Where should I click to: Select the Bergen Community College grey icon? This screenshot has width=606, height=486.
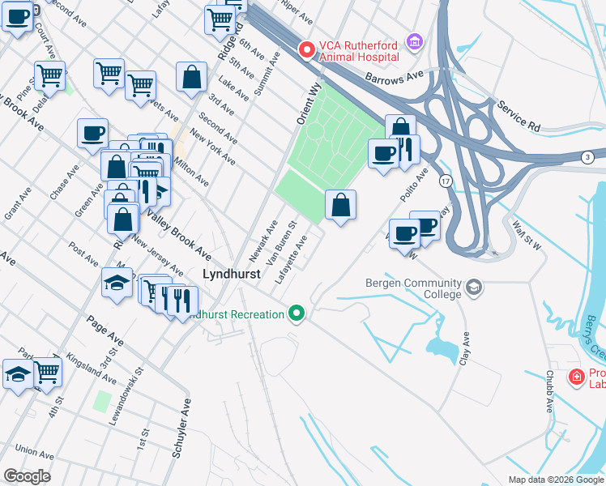[x=473, y=287]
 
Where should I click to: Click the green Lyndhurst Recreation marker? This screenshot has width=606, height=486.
[x=297, y=313]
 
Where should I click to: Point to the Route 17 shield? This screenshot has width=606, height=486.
[x=445, y=179]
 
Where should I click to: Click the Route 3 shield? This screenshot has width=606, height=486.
[x=587, y=156]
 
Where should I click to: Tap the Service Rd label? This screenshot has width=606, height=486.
[x=519, y=117]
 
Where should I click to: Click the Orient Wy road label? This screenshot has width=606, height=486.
[x=309, y=101]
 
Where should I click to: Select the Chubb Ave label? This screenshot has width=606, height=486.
[x=548, y=392]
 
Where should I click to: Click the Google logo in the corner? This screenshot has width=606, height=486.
[x=27, y=476]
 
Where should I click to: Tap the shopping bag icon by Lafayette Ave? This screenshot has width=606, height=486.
[x=341, y=206]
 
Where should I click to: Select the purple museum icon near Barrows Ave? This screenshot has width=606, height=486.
[x=415, y=40]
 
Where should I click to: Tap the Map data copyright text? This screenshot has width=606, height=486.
[x=556, y=480]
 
